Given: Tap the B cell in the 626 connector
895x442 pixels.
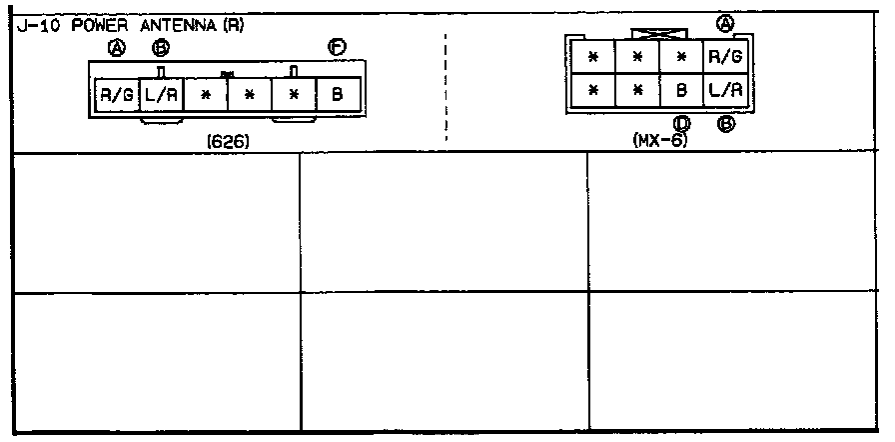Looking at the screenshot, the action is (x=338, y=97).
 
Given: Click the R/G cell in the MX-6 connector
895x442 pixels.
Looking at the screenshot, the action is (x=724, y=57).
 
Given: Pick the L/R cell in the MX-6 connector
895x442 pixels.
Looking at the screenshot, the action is (x=724, y=89).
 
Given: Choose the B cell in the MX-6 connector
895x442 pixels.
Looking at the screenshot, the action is (x=681, y=89).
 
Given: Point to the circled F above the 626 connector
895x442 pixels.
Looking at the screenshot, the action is (x=338, y=47).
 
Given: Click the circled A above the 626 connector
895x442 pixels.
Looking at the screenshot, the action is (x=118, y=47).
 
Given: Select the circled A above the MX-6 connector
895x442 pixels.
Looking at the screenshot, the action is (x=725, y=23).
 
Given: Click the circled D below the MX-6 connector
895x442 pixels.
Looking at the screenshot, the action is (x=683, y=124).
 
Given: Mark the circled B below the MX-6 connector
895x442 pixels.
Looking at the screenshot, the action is (x=726, y=124).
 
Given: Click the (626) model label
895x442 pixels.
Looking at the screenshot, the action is (x=228, y=141).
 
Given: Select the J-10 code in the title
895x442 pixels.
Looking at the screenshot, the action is (x=36, y=26).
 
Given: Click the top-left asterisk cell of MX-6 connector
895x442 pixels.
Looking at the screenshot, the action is (x=593, y=57).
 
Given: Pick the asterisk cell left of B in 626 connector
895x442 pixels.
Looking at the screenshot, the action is (x=295, y=97).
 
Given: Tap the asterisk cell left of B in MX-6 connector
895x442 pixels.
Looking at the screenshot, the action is (x=637, y=89).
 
